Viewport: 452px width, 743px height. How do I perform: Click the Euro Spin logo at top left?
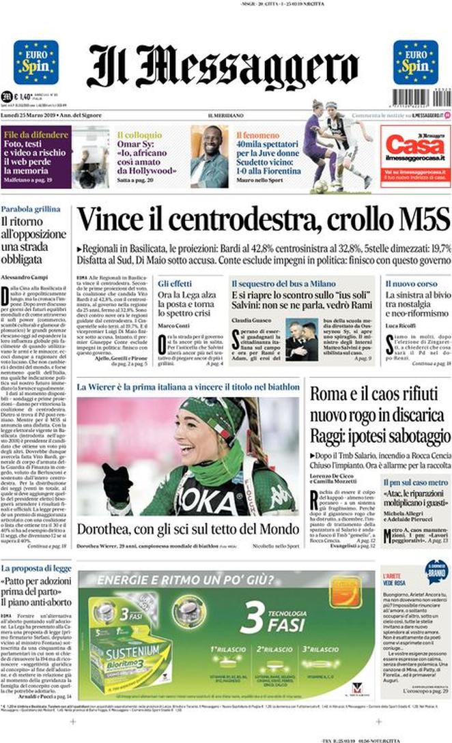coord(36,62)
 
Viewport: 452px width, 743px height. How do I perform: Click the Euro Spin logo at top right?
coord(415,62)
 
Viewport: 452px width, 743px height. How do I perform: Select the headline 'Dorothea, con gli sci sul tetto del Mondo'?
coord(187,529)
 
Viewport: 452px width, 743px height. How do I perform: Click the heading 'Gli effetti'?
coord(175,282)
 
